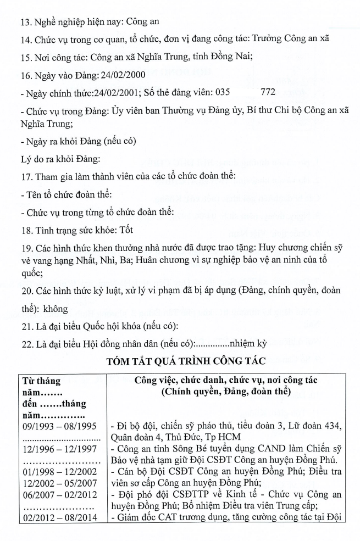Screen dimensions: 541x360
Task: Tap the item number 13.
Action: coord(25,23)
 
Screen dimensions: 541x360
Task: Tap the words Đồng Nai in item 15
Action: coord(230,57)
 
